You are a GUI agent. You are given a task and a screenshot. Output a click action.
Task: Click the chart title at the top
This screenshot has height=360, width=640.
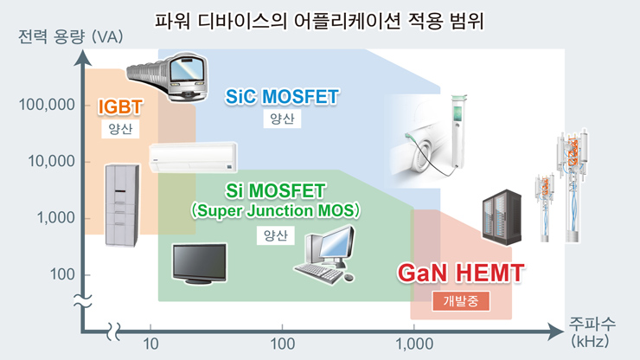pos(319,19)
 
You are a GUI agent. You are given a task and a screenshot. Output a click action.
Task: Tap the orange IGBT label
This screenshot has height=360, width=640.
pos(119,106)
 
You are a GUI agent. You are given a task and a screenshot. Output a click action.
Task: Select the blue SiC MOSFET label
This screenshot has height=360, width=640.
pos(282,96)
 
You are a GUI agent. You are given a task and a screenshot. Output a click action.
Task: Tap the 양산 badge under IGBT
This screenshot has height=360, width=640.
pos(119,129)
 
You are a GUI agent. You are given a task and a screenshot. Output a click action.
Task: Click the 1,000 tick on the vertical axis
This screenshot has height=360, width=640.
pos(54,218)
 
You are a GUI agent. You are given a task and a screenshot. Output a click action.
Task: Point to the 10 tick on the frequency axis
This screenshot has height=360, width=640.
pos(150,344)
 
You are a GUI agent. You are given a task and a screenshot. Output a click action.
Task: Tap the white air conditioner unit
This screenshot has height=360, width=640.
pos(191,158)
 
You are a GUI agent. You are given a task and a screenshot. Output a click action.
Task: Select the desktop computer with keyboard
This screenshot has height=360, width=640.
pos(326,255)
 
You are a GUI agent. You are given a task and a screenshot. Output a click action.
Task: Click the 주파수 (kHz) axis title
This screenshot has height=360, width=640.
pos(591,331)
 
